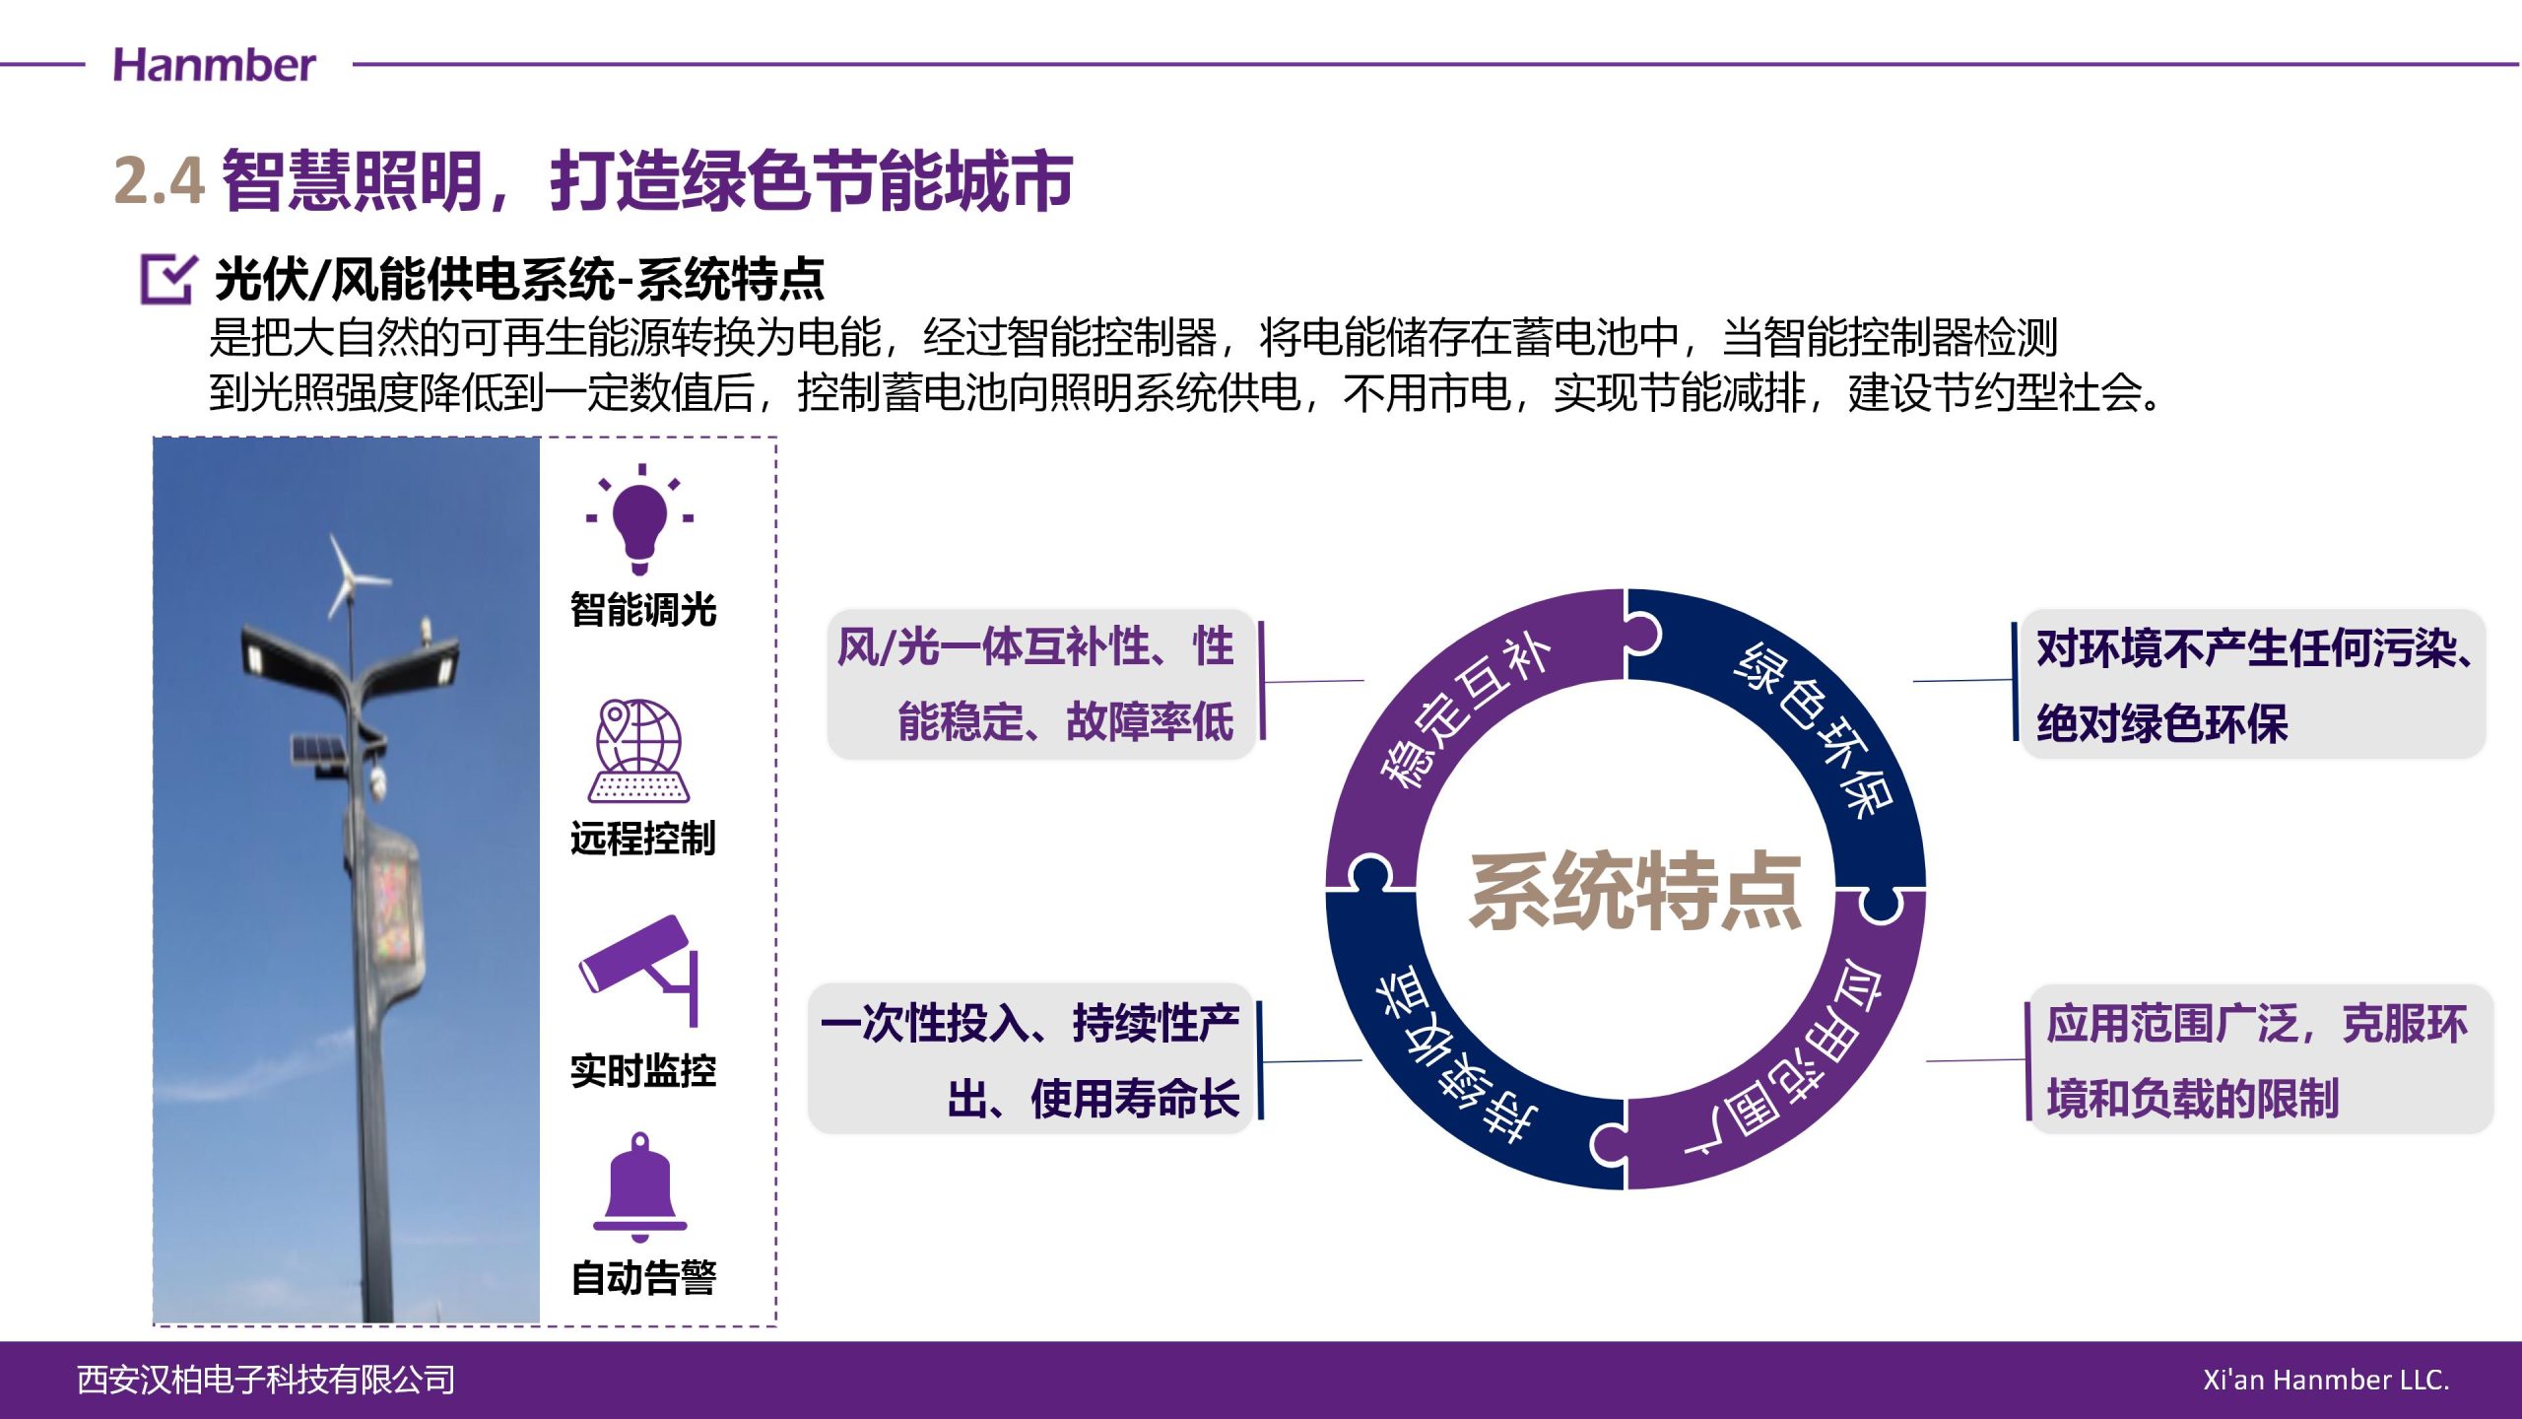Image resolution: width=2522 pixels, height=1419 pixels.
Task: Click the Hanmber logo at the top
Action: [x=214, y=65]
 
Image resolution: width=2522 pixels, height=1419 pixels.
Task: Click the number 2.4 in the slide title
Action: [x=160, y=180]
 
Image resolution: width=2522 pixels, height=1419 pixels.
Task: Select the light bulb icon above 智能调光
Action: [x=640, y=518]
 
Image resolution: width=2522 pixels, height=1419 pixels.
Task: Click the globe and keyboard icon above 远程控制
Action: [x=639, y=751]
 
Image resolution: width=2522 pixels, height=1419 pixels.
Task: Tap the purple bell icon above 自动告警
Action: [x=640, y=1186]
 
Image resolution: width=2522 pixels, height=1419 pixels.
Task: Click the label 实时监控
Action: [x=643, y=1071]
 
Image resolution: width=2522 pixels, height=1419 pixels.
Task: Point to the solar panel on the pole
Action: [x=317, y=751]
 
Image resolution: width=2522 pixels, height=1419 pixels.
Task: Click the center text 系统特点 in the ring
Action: [x=1635, y=891]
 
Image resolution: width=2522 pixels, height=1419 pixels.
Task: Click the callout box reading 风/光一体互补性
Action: [x=1040, y=684]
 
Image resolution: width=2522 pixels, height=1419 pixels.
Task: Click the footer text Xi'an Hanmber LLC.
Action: [x=2326, y=1380]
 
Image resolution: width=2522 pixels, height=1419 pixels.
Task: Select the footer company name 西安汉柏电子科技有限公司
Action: [x=266, y=1380]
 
